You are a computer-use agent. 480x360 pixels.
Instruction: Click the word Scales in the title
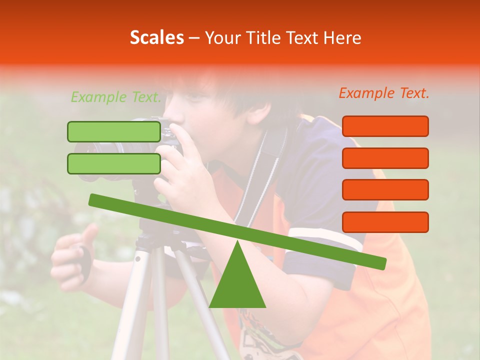click(x=156, y=37)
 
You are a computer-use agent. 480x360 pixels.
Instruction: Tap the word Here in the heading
click(x=342, y=38)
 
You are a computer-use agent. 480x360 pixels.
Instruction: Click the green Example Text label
click(x=115, y=97)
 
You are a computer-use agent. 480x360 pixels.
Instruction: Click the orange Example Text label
click(x=384, y=93)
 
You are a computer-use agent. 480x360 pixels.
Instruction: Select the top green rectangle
click(x=114, y=131)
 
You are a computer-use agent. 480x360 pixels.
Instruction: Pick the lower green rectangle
click(x=114, y=163)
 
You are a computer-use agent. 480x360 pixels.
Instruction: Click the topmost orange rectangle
click(x=385, y=126)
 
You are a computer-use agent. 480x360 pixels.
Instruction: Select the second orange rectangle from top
click(x=385, y=158)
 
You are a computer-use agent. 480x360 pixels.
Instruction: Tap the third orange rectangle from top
click(x=385, y=189)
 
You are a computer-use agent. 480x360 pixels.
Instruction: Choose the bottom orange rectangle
click(x=385, y=222)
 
